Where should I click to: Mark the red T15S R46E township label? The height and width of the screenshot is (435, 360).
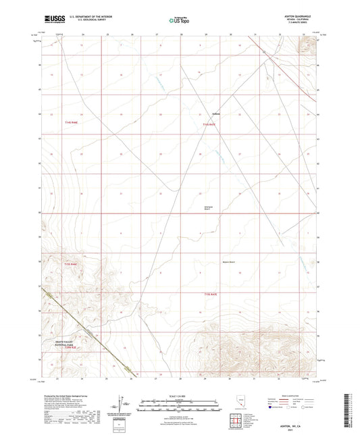click(71, 264)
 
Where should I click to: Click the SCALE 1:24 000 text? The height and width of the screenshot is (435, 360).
click(180, 396)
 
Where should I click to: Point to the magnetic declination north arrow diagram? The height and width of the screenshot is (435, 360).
click(122, 406)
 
